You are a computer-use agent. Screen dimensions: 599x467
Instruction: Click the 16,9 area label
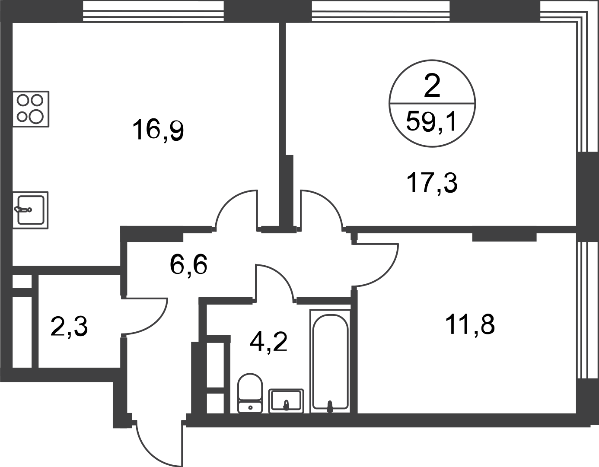158,131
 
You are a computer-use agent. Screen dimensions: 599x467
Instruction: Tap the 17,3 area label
432,183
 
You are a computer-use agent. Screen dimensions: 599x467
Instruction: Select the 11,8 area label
470,325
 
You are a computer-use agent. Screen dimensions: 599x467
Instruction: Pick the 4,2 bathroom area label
268,342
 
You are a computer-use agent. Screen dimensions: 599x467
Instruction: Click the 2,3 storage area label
69,327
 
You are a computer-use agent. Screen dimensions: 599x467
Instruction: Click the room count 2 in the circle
432,86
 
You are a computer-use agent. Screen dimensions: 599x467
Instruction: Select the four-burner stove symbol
31,109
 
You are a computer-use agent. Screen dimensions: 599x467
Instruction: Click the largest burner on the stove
36,116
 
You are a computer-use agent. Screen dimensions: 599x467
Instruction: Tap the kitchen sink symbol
30,210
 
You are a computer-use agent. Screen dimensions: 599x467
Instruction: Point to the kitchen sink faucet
23,210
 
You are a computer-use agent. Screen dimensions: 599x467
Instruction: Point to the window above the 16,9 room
153,11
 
